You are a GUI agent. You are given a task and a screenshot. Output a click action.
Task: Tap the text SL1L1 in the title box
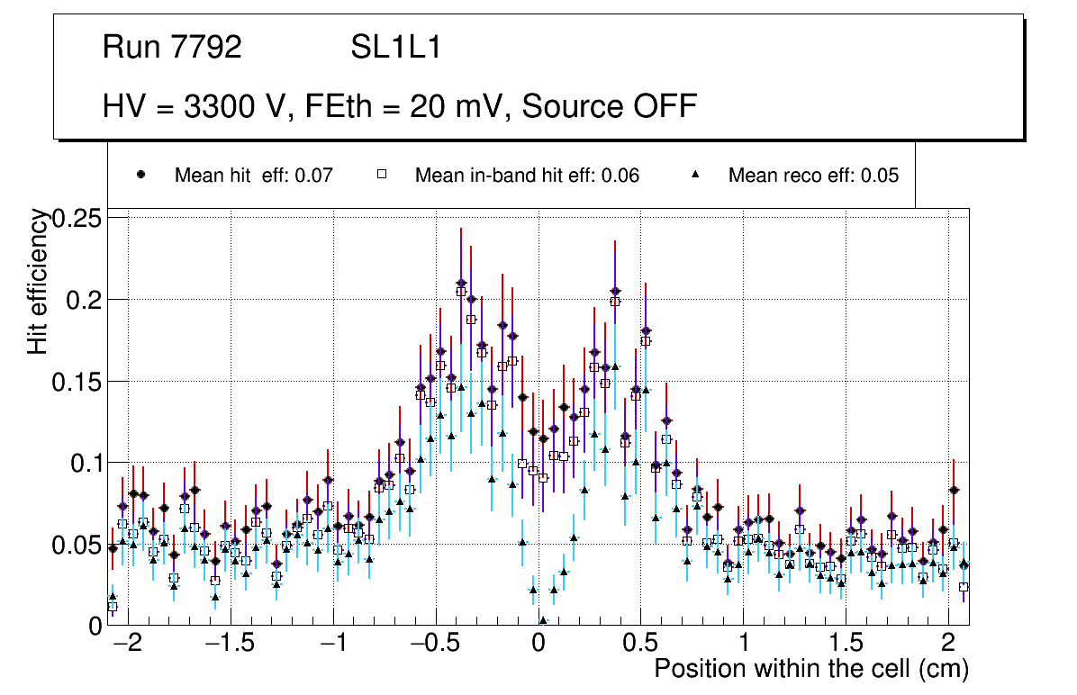[x=396, y=48]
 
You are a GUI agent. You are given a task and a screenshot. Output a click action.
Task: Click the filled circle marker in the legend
[x=140, y=175]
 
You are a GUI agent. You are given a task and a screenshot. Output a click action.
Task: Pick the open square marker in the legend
[x=380, y=175]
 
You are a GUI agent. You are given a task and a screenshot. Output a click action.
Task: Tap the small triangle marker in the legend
[x=694, y=175]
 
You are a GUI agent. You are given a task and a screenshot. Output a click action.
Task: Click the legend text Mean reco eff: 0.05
[x=813, y=176]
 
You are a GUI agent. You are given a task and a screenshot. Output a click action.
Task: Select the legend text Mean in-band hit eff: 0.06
[x=527, y=176]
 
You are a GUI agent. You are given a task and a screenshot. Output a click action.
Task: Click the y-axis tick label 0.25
[x=78, y=218]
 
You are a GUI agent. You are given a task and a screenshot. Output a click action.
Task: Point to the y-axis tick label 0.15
[x=78, y=382]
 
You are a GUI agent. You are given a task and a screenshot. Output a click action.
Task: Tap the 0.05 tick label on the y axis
[x=78, y=545]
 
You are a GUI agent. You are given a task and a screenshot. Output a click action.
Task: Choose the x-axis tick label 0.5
[x=640, y=645]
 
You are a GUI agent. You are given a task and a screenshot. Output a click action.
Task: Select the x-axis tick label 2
[x=947, y=645]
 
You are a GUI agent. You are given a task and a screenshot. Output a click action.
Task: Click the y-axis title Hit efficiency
[x=39, y=281]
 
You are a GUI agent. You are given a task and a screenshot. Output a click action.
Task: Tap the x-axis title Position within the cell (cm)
[x=810, y=670]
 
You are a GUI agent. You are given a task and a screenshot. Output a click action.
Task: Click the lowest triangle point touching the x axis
[x=543, y=620]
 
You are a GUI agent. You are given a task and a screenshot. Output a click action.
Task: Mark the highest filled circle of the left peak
[x=461, y=283]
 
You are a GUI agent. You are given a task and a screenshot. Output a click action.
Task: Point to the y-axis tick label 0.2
[x=85, y=300]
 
